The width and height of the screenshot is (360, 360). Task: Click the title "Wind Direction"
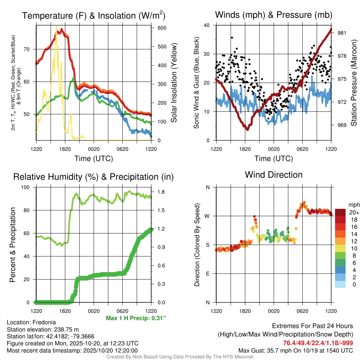click(x=274, y=175)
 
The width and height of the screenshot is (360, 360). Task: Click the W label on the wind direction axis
click(x=207, y=216)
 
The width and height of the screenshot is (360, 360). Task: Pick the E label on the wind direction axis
click(x=208, y=274)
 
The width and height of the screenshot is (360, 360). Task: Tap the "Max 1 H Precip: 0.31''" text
click(x=136, y=318)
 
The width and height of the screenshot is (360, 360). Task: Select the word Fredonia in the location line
click(x=43, y=322)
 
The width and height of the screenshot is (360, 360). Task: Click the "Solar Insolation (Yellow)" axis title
click(x=174, y=83)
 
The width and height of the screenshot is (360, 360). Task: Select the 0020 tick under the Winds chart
click(x=274, y=149)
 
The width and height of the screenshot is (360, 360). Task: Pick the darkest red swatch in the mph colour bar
click(x=340, y=212)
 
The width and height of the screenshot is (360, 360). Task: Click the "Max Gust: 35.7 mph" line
click(x=296, y=350)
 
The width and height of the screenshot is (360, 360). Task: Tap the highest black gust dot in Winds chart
click(x=232, y=38)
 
